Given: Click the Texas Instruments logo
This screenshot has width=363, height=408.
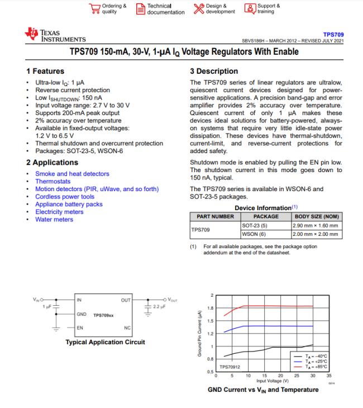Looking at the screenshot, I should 55,36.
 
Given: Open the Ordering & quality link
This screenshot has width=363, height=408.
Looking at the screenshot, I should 108,9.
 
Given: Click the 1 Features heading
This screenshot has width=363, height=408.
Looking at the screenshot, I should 45,71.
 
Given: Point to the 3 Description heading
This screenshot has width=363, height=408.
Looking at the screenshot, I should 214,71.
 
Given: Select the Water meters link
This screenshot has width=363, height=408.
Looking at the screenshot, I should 54,219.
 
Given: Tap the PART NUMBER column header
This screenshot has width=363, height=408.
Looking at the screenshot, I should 215,216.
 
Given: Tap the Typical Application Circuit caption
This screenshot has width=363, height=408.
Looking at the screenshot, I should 105,341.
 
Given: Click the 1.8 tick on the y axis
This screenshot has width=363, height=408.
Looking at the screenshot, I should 209,308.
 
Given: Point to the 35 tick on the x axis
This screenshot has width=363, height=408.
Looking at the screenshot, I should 329,376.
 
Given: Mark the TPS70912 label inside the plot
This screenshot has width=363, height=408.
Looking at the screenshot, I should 230,367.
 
